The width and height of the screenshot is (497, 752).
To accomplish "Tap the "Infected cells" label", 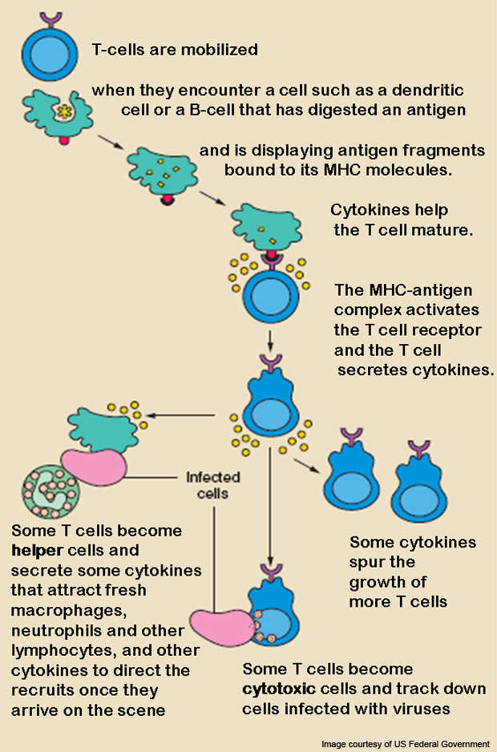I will (207, 484).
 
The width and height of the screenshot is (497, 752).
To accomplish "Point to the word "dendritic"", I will (432, 91).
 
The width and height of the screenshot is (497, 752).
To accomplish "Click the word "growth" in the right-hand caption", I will (388, 581).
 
